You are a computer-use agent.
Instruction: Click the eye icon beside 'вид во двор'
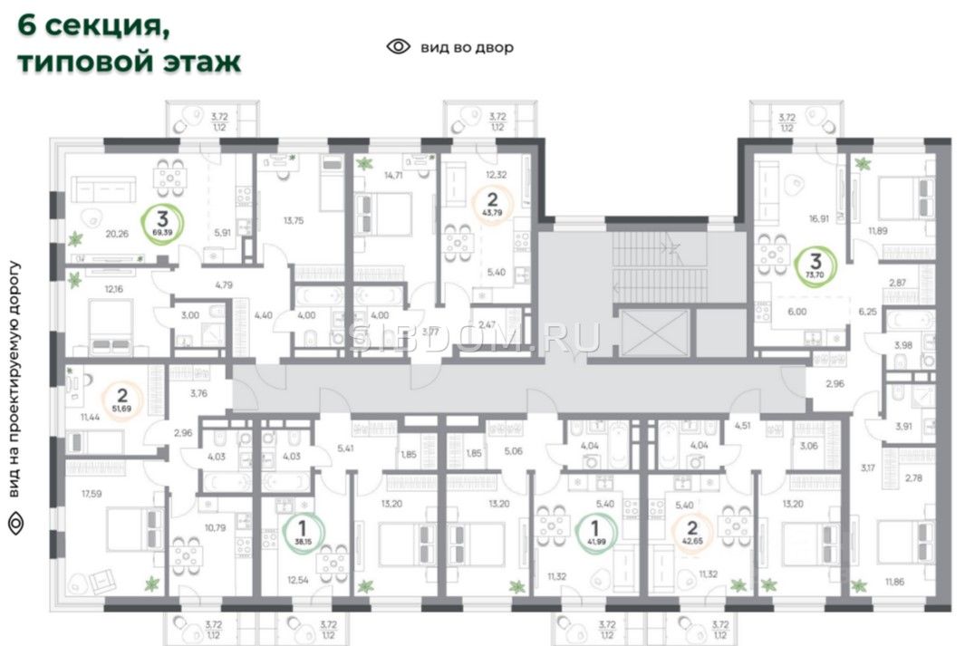398,47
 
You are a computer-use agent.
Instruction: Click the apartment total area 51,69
120,410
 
